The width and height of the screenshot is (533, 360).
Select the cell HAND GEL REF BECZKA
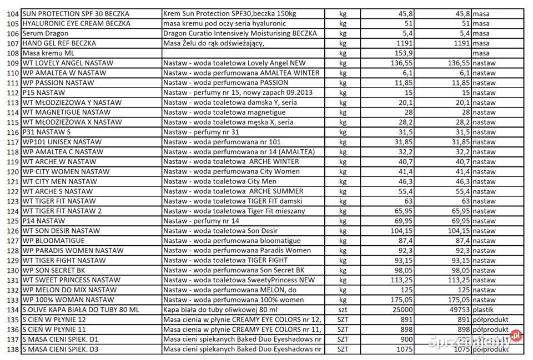tap(59, 43)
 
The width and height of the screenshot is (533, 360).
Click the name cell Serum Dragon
tap(46, 33)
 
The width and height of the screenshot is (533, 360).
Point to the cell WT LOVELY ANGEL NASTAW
tap(68, 63)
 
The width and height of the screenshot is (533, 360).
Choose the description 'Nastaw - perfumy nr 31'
tap(201, 132)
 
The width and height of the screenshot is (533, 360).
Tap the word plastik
tap(485, 310)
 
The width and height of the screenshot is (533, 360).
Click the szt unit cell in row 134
tap(343, 310)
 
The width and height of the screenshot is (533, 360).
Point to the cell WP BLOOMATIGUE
tap(54, 240)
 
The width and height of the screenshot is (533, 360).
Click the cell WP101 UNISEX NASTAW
tap(62, 142)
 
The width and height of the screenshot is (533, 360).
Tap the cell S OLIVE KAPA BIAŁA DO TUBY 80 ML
tap(81, 310)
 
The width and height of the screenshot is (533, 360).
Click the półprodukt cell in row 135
tap(491, 320)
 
